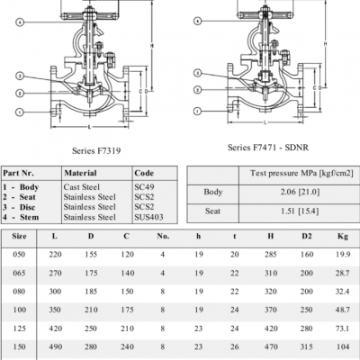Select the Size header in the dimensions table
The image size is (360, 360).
(19, 237)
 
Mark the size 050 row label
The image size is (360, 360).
(19, 256)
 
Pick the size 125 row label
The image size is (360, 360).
(19, 330)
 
